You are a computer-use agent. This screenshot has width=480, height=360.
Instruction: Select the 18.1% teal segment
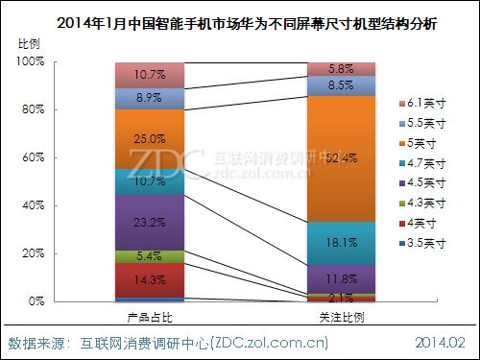(x=341, y=243)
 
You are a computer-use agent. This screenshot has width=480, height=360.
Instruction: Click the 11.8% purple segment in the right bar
(x=341, y=278)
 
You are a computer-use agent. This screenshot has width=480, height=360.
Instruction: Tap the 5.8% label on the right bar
(x=341, y=69)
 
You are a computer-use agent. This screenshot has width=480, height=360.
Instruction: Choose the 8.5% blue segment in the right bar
(x=341, y=85)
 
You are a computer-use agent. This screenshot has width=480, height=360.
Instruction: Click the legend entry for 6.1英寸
(x=421, y=102)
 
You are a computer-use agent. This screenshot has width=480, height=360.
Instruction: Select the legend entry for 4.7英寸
(x=421, y=163)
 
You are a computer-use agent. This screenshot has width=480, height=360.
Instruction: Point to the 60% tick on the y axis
(x=34, y=157)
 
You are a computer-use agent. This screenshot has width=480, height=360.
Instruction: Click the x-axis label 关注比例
(x=341, y=316)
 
